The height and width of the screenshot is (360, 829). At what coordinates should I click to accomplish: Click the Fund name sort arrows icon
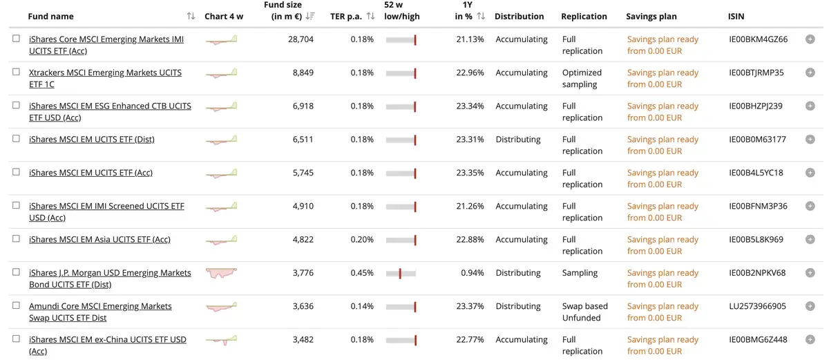click(x=191, y=16)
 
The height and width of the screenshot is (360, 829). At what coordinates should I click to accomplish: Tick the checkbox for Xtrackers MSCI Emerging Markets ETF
click(x=16, y=72)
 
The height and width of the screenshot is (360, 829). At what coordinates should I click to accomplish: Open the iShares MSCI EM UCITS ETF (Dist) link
click(x=92, y=140)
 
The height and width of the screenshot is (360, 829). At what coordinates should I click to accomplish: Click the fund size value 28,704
click(x=301, y=39)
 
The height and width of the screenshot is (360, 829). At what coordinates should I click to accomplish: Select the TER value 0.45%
click(x=362, y=273)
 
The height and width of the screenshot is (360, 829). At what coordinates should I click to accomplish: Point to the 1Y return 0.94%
click(x=473, y=273)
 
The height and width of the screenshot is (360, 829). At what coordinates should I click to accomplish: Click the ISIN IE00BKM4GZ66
click(x=759, y=39)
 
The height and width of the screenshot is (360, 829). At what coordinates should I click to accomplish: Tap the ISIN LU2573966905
click(x=757, y=306)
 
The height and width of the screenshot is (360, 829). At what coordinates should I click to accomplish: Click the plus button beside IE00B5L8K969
click(x=810, y=239)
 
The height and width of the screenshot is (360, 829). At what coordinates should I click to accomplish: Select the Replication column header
click(x=584, y=17)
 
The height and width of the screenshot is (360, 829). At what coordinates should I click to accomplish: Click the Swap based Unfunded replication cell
click(x=584, y=312)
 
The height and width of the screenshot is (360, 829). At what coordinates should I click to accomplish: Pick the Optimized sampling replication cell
click(x=582, y=79)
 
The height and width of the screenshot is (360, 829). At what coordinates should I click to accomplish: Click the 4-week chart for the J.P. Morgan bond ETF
click(x=221, y=273)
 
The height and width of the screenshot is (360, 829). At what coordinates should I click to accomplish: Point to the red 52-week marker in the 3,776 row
click(x=400, y=274)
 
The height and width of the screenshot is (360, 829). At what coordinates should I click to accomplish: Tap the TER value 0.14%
click(x=362, y=306)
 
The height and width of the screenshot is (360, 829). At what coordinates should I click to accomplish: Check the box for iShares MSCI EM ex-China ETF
click(x=16, y=339)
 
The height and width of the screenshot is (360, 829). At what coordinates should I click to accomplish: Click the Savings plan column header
click(x=651, y=17)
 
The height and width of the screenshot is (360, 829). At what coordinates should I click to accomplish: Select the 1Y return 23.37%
click(x=470, y=306)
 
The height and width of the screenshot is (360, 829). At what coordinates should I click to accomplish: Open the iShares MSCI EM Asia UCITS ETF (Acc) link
click(x=99, y=239)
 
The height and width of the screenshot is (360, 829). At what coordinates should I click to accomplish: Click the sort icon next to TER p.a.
click(x=370, y=16)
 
